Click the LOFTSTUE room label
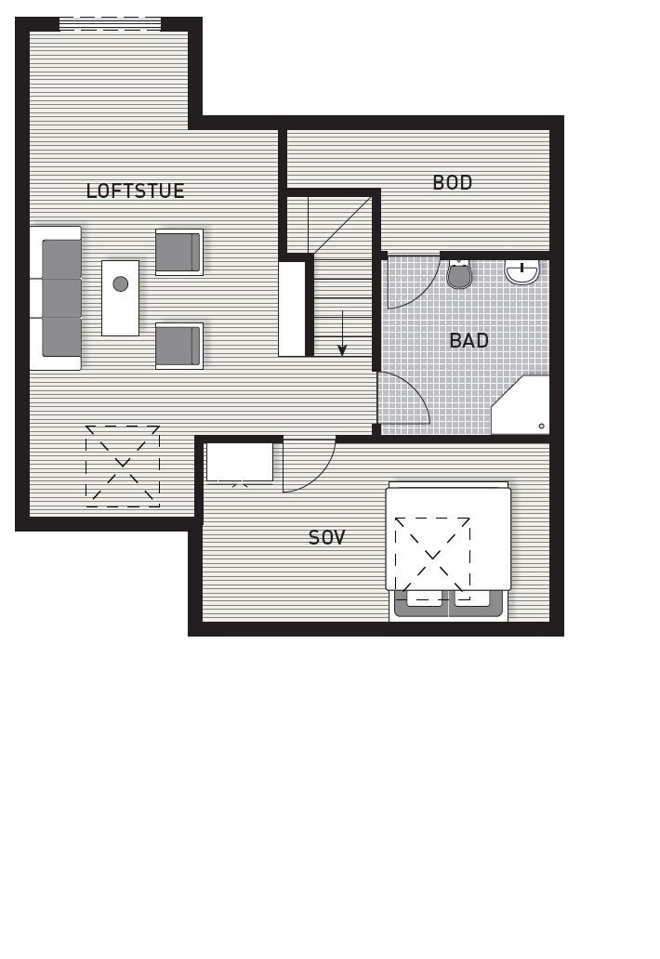click(x=135, y=191)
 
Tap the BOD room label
click(x=453, y=183)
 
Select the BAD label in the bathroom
click(x=469, y=341)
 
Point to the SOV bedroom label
click(x=326, y=538)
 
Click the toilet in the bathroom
click(x=459, y=274)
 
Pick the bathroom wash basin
click(x=522, y=271)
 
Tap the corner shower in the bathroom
click(x=523, y=407)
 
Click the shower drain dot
click(x=541, y=427)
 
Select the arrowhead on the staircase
click(x=342, y=350)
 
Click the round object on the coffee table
click(x=120, y=284)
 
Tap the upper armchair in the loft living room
click(x=178, y=252)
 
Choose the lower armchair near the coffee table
click(x=178, y=346)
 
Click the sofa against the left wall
click(x=56, y=297)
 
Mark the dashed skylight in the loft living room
click(x=123, y=466)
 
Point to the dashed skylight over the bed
click(x=432, y=558)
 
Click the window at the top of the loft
click(x=110, y=24)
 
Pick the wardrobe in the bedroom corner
click(x=240, y=463)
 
